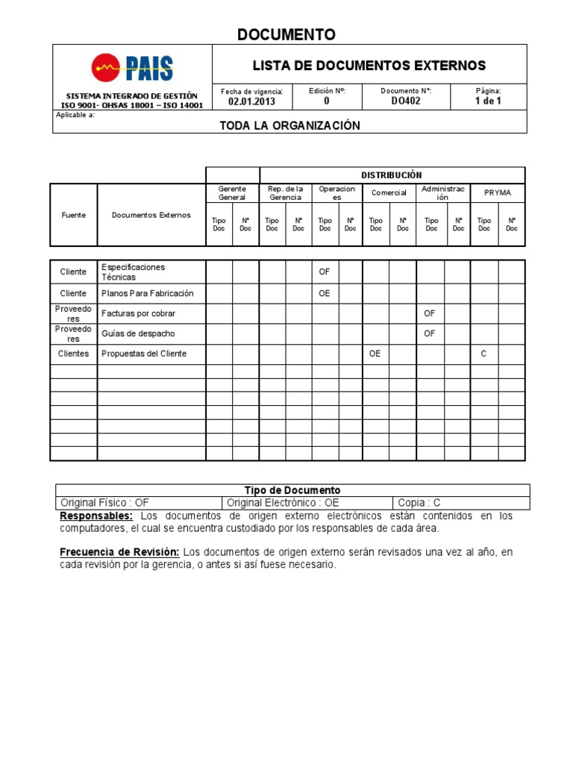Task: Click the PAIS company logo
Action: pos(132,68)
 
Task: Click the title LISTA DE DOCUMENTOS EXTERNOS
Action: pos(369,66)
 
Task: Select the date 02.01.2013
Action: pos(251,101)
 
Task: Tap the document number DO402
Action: pos(406,101)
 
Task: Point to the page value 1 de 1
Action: pos(488,101)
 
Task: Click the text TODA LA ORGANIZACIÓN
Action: pos(289,125)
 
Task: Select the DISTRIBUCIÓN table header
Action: pos(392,175)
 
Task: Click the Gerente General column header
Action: pos(232,193)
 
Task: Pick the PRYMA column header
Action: pos(498,192)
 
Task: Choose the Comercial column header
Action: pos(389,192)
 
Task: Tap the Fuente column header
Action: pos(73,215)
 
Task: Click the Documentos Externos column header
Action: pos(151,215)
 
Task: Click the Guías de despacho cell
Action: pos(138,334)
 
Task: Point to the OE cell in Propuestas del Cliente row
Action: pos(375,354)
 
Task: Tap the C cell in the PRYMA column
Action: pos(483,354)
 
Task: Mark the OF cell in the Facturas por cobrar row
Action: pos(429,313)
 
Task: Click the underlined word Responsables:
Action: pos(96,516)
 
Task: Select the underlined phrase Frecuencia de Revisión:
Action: pos(119,552)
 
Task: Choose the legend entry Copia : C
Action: pos(419,503)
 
